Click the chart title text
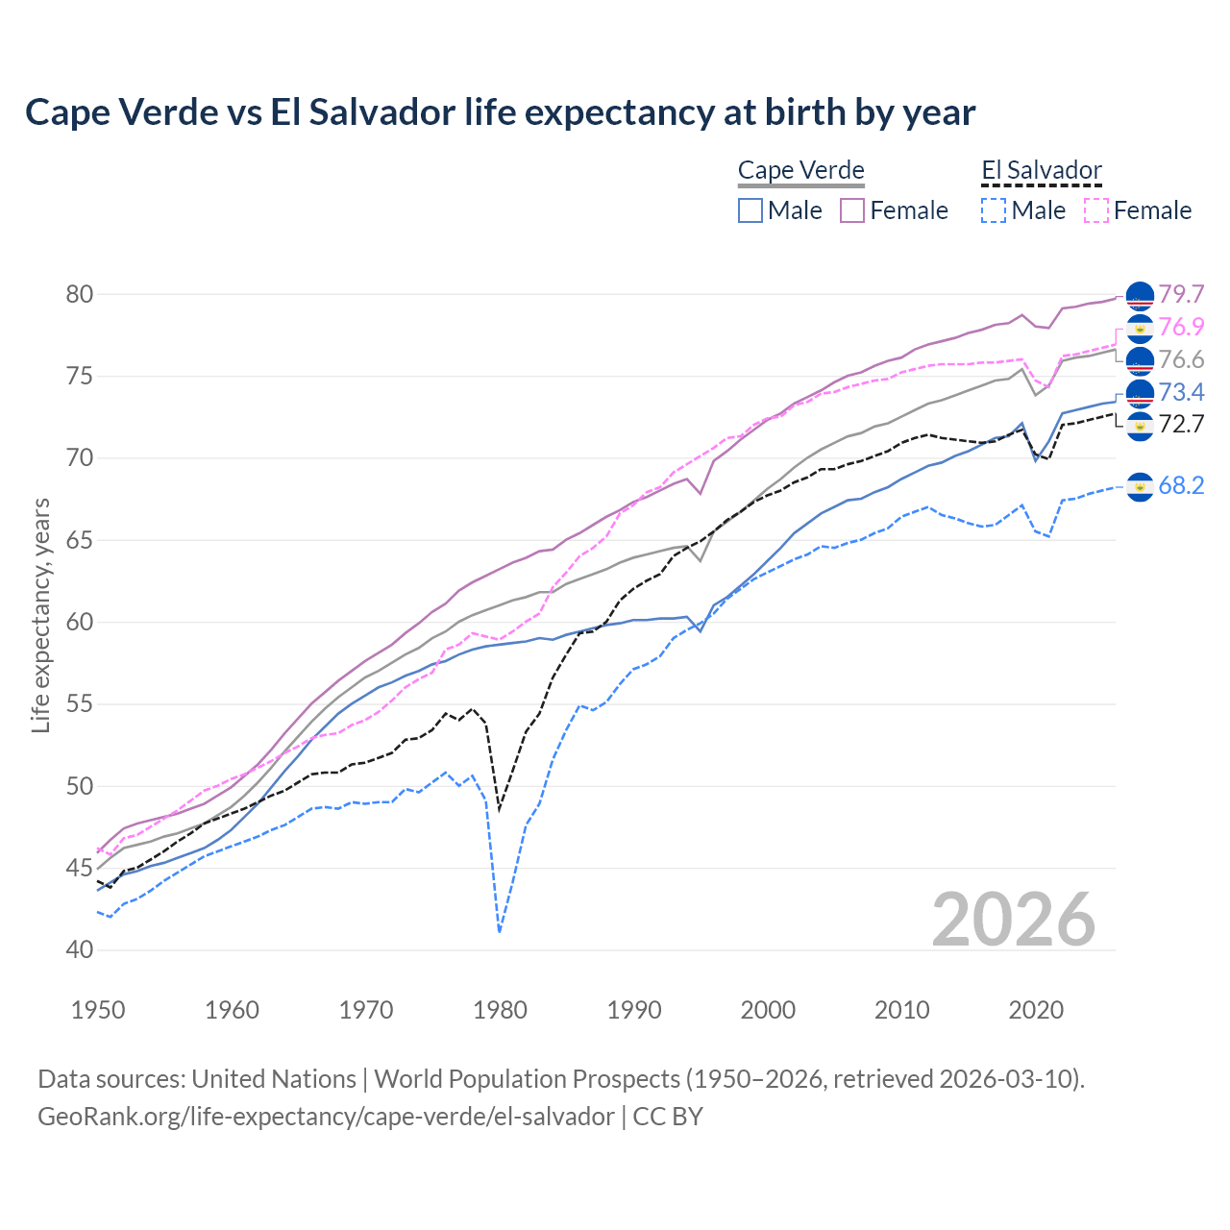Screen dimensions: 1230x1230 tap(500, 112)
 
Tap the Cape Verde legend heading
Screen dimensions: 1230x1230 tap(800, 171)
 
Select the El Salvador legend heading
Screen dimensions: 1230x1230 tap(1041, 171)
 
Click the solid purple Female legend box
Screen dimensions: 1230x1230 tap(852, 210)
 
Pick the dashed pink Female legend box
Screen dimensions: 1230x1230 tap(1096, 210)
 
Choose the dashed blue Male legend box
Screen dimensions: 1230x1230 tap(994, 210)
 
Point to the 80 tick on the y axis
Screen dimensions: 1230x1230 tap(80, 294)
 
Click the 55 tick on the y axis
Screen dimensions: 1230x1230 tap(80, 704)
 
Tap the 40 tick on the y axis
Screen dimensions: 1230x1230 tap(80, 950)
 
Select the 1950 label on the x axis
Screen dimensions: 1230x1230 tap(98, 1010)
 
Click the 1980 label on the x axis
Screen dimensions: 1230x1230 tap(500, 1010)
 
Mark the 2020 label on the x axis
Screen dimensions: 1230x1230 tap(1036, 1010)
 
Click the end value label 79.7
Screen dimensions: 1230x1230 tap(1181, 294)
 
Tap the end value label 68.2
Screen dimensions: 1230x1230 tap(1181, 486)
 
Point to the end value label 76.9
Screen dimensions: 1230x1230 tap(1181, 327)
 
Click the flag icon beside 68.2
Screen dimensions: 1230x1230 tap(1140, 487)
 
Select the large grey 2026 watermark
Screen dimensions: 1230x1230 tap(1014, 920)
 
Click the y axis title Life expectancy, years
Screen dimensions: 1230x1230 tap(40, 615)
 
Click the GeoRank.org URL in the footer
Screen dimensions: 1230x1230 tap(326, 1117)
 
